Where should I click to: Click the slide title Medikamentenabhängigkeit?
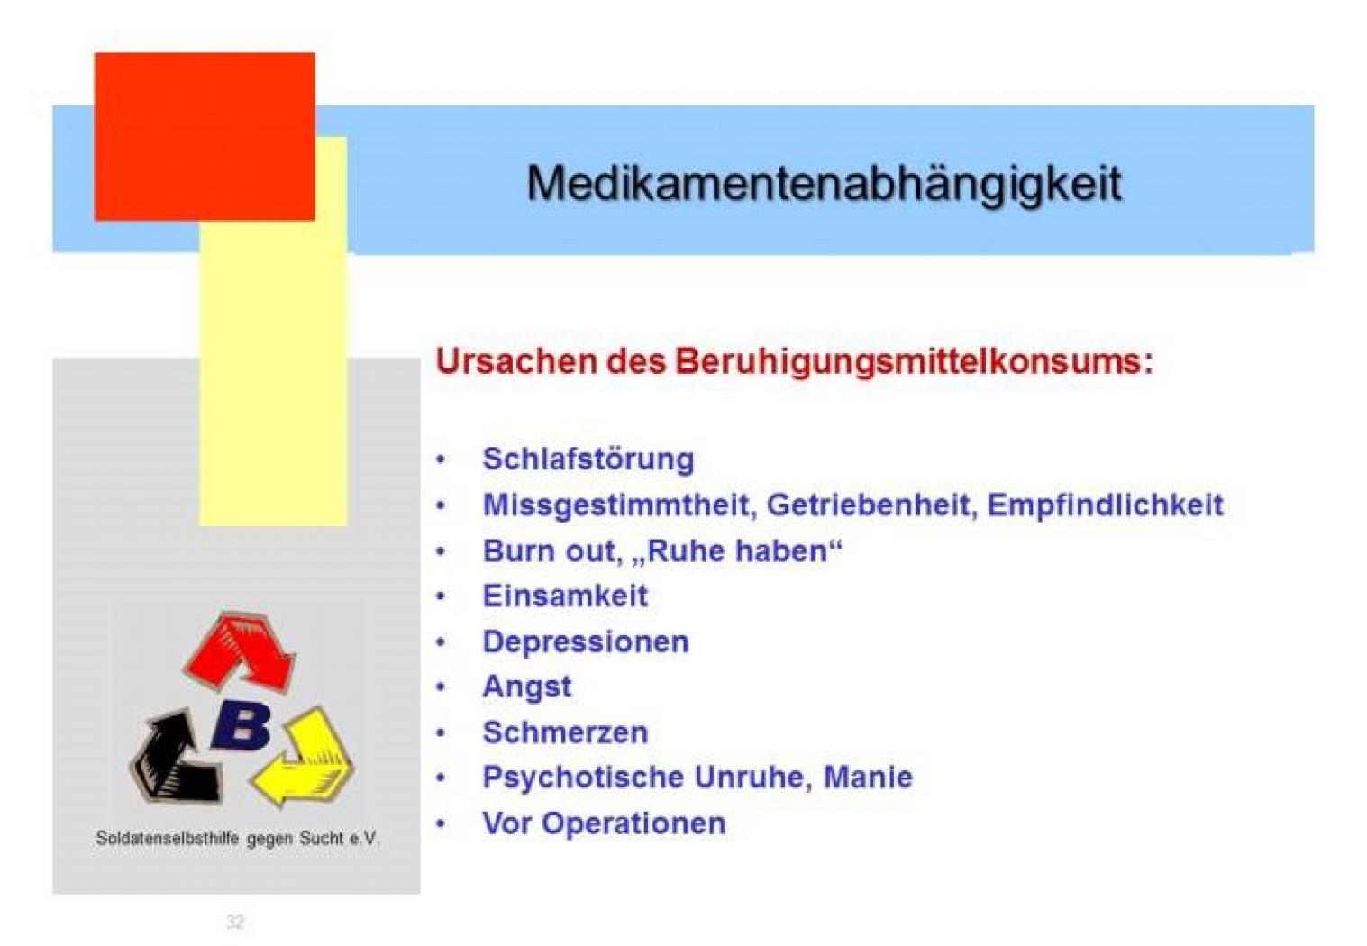tap(825, 184)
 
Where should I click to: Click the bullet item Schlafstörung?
tap(588, 459)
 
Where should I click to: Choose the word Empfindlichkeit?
tap(1106, 505)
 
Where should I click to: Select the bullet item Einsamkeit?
tap(565, 596)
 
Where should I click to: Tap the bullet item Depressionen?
tap(586, 642)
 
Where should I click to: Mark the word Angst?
tap(527, 687)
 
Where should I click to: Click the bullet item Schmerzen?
tap(565, 732)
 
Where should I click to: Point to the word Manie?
tap(868, 778)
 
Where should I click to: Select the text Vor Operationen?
tap(604, 823)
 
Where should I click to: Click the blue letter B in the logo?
tap(242, 726)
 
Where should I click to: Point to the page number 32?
tap(235, 923)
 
